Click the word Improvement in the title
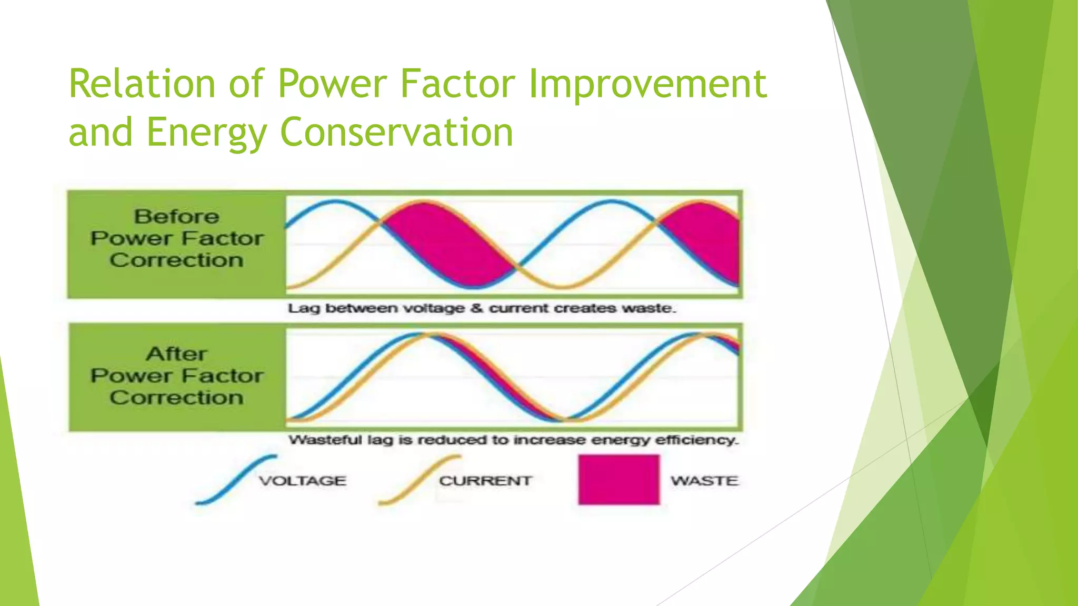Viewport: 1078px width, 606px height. [647, 84]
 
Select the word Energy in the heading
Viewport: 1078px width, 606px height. [206, 133]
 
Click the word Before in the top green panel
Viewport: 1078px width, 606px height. [176, 217]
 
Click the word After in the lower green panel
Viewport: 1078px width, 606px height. [176, 354]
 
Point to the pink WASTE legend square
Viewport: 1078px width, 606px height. [618, 480]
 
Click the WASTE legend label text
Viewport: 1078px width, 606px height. [704, 481]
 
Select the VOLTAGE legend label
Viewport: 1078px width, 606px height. [303, 481]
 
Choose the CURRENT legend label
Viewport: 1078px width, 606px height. [485, 481]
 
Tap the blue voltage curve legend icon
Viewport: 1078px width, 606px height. [235, 480]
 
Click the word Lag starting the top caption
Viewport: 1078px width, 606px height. [303, 308]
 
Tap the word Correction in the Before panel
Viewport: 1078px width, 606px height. [176, 260]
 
